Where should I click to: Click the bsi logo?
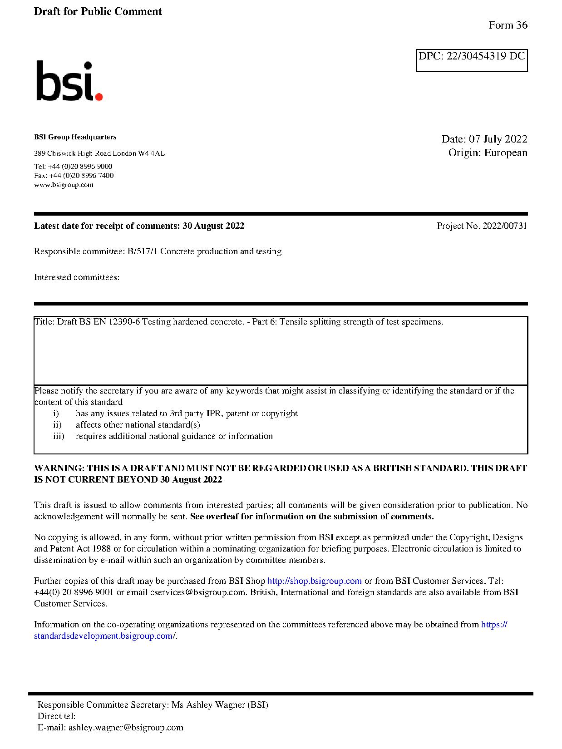coord(69,82)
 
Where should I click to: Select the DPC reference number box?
coord(471,60)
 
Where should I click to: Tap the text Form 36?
coord(508,25)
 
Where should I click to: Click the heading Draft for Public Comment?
coord(98,11)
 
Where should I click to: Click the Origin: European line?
coord(488,153)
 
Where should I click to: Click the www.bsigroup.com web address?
coord(64,185)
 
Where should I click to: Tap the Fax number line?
coord(74,176)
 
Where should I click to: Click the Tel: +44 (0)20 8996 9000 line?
coord(73,167)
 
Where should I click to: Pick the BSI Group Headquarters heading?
coord(75,137)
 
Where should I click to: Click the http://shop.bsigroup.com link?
coord(314,581)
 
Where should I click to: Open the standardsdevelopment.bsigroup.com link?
coord(104,636)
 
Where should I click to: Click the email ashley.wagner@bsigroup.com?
coord(126,728)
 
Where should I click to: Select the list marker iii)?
coord(59,436)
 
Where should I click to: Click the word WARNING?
coord(59,468)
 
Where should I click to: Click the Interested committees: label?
coord(77,277)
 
